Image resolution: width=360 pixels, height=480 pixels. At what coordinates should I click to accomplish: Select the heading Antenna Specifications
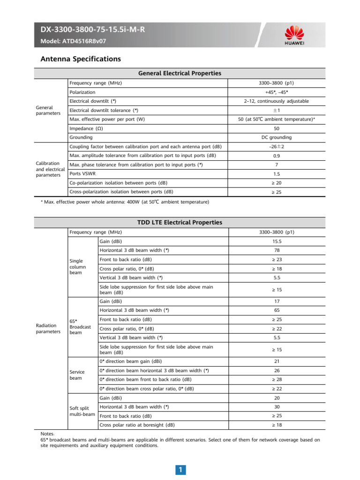pyautogui.click(x=81, y=59)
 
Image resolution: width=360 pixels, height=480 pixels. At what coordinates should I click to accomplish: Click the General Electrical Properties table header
pyautogui.click(x=180, y=73)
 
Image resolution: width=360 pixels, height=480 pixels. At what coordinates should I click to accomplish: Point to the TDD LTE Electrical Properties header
pyautogui.click(x=180, y=222)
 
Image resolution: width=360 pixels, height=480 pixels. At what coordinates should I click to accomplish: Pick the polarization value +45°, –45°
pyautogui.click(x=276, y=92)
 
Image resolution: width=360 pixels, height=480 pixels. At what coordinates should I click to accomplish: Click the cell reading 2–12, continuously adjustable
pyautogui.click(x=276, y=101)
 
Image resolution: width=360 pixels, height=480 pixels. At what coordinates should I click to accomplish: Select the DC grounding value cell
pyautogui.click(x=276, y=137)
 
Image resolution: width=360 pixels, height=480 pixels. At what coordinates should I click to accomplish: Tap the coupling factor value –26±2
pyautogui.click(x=276, y=147)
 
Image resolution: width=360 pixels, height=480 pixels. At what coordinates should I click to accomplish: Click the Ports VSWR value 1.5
pyautogui.click(x=276, y=173)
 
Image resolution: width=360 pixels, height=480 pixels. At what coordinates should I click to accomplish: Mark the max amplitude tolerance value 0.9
pyautogui.click(x=276, y=156)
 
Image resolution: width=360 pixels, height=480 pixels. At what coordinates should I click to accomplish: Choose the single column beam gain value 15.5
pyautogui.click(x=276, y=241)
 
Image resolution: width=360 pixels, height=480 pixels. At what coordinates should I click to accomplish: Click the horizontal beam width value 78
pyautogui.click(x=276, y=250)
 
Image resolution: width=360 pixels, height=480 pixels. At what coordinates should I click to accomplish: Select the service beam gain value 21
pyautogui.click(x=276, y=361)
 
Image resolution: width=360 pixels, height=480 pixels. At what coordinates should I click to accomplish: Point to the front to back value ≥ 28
pyautogui.click(x=276, y=379)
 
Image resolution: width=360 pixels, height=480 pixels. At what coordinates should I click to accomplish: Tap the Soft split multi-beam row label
pyautogui.click(x=82, y=411)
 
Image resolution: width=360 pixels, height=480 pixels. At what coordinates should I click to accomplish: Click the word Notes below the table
pyautogui.click(x=48, y=434)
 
